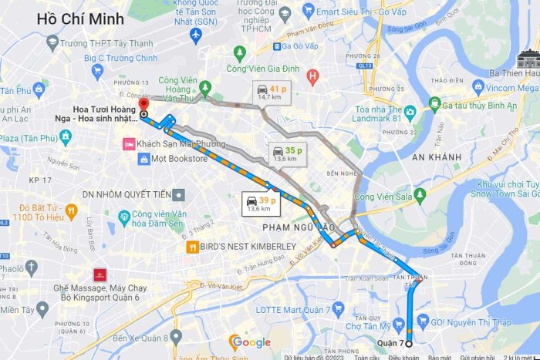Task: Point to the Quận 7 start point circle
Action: coord(408,344)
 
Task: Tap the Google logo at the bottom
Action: coord(251,341)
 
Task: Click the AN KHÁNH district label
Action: coord(435,156)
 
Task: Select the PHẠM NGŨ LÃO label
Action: coord(298,227)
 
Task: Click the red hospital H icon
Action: coord(312,76)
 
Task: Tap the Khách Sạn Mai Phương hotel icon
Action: coord(128,144)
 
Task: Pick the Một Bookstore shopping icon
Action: coord(143,159)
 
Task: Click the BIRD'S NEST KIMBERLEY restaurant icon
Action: coord(191,247)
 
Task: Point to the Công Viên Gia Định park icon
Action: coord(240,53)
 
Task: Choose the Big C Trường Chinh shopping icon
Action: coord(97,72)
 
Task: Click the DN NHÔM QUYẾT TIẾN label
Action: coord(127,194)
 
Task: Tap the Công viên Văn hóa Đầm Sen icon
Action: coord(124,217)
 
